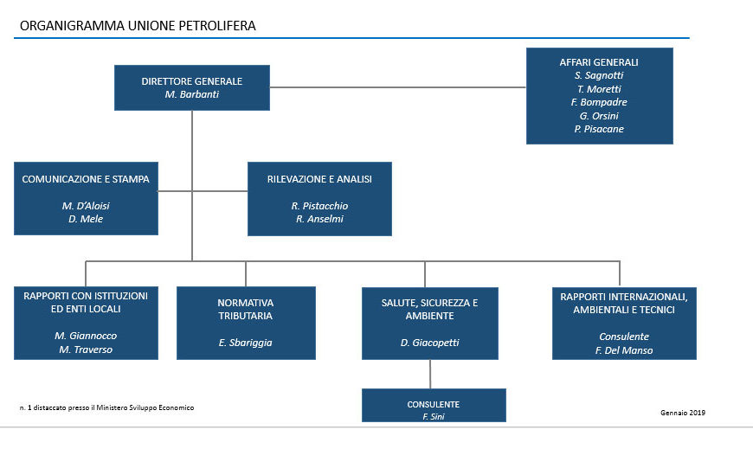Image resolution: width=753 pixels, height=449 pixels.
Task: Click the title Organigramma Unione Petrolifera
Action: [x=138, y=25]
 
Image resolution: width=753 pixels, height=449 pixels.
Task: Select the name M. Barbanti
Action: [x=191, y=94]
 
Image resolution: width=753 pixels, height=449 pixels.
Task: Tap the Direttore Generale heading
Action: [x=191, y=81]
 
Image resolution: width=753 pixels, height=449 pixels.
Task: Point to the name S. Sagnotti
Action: [x=599, y=75]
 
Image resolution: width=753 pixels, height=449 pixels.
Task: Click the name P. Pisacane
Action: [x=599, y=129]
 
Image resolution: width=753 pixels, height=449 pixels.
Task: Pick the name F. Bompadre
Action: [x=599, y=102]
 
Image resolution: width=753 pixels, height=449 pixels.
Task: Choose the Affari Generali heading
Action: [x=599, y=62]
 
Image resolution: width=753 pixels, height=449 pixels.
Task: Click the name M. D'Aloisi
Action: [x=86, y=206]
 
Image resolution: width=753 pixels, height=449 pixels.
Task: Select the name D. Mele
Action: [x=86, y=219]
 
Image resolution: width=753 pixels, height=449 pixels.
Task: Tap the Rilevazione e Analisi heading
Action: [x=319, y=179]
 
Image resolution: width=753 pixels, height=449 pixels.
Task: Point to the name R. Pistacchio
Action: [x=319, y=206]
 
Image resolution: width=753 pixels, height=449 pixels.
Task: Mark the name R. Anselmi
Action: [x=319, y=219]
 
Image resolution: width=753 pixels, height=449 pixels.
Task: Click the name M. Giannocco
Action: [x=86, y=336]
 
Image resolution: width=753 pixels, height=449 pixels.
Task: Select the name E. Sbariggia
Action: [x=246, y=343]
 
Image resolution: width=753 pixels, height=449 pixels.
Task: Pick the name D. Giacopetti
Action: [x=430, y=343]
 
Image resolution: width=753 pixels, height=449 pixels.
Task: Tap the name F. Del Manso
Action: [x=624, y=350]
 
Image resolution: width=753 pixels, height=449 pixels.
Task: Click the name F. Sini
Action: [x=433, y=417]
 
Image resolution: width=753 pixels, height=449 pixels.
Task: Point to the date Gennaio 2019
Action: [x=683, y=413]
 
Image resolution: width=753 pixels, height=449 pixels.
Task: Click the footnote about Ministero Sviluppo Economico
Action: [x=106, y=407]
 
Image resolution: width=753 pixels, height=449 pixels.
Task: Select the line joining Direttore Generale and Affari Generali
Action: [x=398, y=87]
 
